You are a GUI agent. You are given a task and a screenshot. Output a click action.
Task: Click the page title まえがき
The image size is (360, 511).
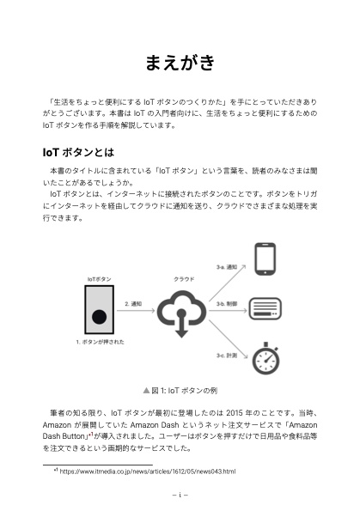pyautogui.click(x=180, y=64)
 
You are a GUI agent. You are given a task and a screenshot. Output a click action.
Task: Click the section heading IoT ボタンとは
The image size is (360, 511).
pyautogui.click(x=78, y=152)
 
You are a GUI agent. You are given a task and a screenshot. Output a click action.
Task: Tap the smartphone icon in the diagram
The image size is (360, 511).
pyautogui.click(x=264, y=259)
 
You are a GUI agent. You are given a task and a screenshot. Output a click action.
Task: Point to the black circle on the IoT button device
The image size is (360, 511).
pyautogui.click(x=99, y=317)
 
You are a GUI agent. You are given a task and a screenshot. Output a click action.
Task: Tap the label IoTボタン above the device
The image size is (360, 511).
pyautogui.click(x=99, y=279)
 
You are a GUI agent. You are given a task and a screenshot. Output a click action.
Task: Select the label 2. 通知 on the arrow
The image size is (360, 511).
pyautogui.click(x=134, y=304)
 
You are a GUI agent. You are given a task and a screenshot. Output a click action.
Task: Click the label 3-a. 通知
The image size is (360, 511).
pyautogui.click(x=227, y=267)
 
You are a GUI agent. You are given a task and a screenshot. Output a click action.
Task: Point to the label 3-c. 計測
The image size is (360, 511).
pyautogui.click(x=227, y=354)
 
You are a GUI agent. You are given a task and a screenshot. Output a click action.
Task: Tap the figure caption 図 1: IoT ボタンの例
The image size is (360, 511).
pyautogui.click(x=180, y=389)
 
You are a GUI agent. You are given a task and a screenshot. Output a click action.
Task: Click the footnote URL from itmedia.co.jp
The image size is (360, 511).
pyautogui.click(x=147, y=471)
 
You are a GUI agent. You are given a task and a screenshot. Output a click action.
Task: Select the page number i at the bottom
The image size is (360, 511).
pyautogui.click(x=180, y=496)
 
